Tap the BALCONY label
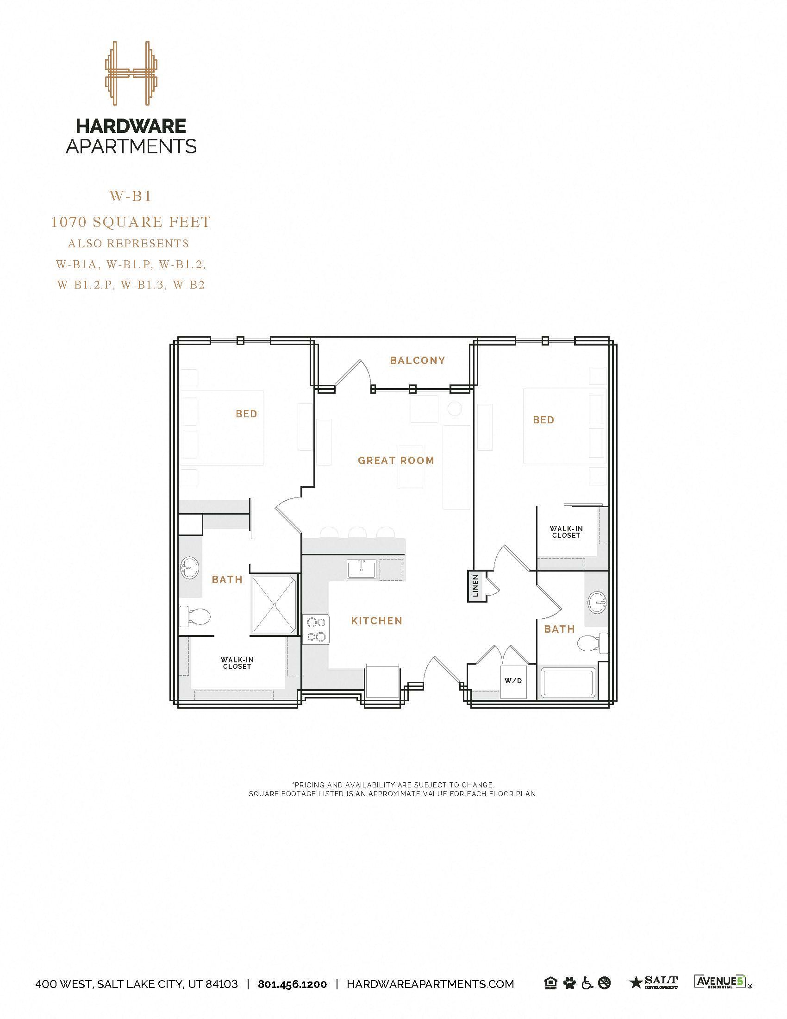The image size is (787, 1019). (x=417, y=360)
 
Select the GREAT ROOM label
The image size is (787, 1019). (x=396, y=460)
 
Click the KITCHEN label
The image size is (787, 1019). (x=376, y=621)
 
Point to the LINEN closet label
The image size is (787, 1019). (x=475, y=586)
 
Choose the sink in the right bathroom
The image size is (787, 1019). (x=598, y=603)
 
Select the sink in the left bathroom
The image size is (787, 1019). (x=190, y=568)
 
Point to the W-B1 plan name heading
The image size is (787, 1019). (x=131, y=196)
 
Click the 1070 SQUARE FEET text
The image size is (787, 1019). (x=131, y=222)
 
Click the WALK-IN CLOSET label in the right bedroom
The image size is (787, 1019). (x=566, y=532)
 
